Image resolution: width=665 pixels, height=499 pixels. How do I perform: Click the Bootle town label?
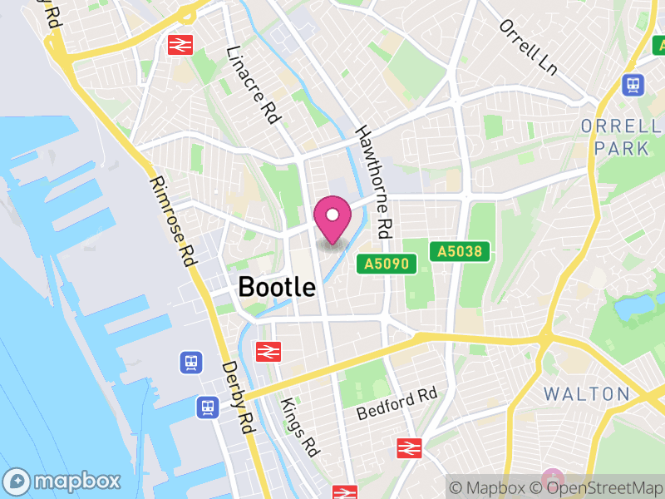pos(277,287)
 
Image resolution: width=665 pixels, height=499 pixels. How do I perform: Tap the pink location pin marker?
pos(332,219)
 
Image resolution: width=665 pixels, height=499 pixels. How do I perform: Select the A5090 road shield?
pos(386,264)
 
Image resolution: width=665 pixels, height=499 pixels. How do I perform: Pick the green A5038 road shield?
pos(461,250)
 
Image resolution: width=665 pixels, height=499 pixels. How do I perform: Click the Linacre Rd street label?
pos(252,86)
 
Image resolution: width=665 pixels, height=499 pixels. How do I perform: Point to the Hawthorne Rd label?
pos(373,182)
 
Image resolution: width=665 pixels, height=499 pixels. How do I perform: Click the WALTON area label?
pos(587,393)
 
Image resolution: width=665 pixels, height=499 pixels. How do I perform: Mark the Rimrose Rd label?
pos(172,220)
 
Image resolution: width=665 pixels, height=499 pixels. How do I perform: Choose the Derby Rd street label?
pos(237,397)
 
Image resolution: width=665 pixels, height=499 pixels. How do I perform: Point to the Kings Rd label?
pos(299,427)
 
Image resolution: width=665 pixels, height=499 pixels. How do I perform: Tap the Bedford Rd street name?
pos(397,403)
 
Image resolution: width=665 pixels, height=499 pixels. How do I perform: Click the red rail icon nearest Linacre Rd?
pos(179,44)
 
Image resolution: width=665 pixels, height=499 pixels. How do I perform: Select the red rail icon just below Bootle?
pos(268,352)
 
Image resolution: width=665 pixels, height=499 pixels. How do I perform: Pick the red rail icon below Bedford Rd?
pos(409,447)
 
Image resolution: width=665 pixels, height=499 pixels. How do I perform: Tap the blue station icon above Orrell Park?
pos(633,85)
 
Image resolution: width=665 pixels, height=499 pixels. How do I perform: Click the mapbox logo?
pos(62,481)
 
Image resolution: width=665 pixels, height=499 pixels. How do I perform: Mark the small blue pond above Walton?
pos(632,310)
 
